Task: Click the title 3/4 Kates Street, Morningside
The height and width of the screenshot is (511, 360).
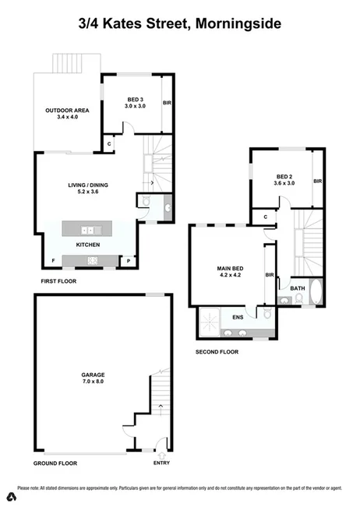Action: pyautogui.click(x=179, y=24)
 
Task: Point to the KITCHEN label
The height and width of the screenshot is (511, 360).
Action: pyautogui.click(x=87, y=245)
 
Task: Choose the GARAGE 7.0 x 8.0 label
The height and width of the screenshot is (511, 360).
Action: pyautogui.click(x=93, y=379)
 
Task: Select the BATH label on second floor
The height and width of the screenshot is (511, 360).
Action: pyautogui.click(x=298, y=289)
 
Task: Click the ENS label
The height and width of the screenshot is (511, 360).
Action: pyautogui.click(x=238, y=316)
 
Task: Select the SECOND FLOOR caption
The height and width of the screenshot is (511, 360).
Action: pyautogui.click(x=217, y=351)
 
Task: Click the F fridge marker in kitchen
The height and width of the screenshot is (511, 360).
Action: pyautogui.click(x=52, y=260)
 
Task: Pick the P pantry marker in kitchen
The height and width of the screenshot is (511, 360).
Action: pyautogui.click(x=129, y=260)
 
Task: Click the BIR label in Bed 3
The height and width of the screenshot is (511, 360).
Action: pyautogui.click(x=166, y=103)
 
